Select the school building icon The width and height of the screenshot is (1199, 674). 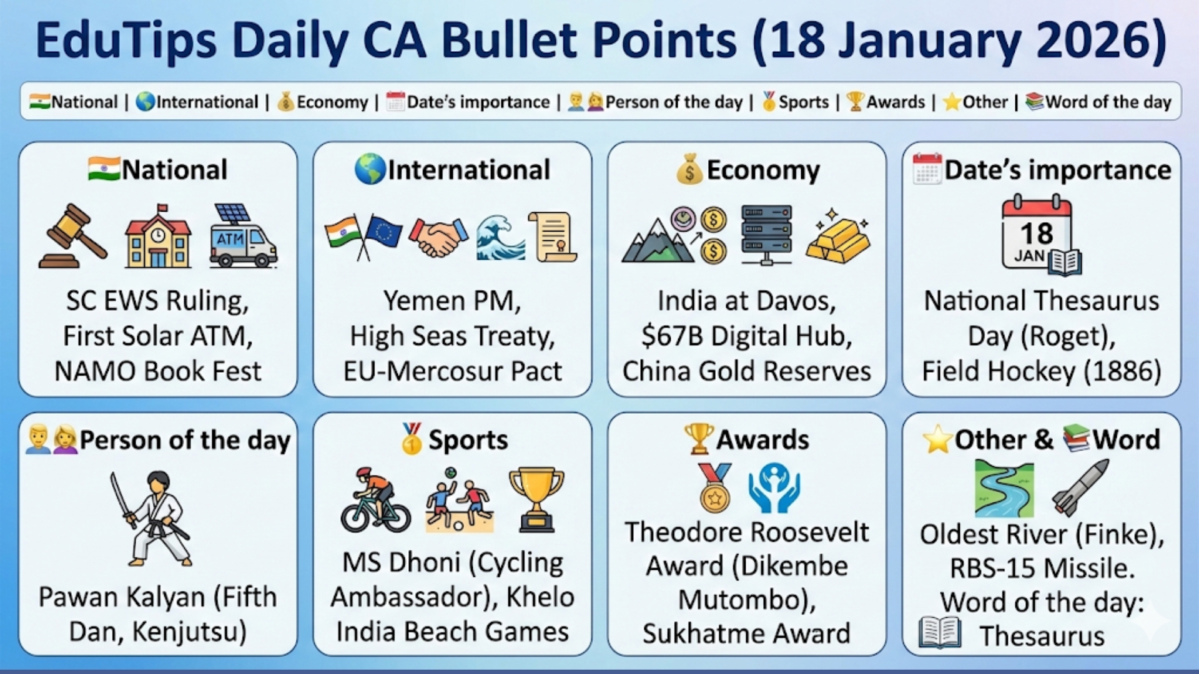[158, 237]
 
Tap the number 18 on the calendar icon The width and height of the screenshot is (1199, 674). [1036, 233]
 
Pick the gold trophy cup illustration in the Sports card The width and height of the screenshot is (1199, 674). [536, 499]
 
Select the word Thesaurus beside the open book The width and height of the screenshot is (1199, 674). [1042, 637]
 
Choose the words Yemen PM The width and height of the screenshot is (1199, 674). [451, 301]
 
